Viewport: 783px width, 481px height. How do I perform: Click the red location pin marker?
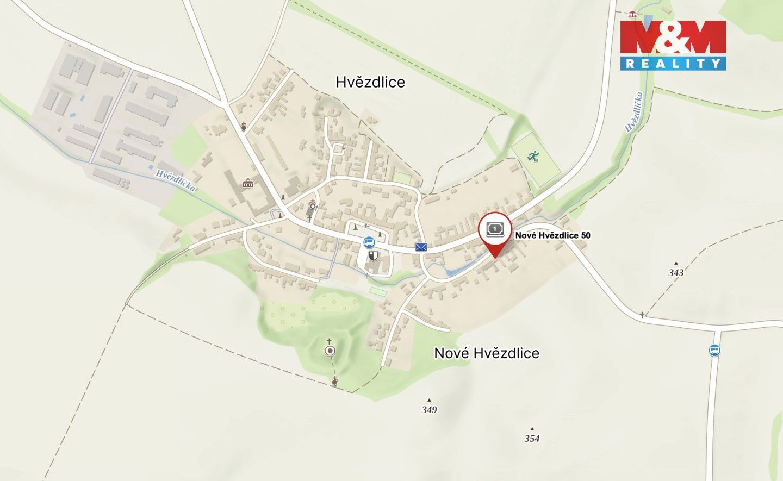[495, 231]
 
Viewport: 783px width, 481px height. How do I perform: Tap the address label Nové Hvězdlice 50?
[552, 235]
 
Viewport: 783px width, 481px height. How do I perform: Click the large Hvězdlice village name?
[370, 82]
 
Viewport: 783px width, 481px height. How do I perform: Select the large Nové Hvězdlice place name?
[487, 353]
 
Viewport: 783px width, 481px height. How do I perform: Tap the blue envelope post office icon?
[421, 247]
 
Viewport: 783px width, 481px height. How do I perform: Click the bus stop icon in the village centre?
[369, 242]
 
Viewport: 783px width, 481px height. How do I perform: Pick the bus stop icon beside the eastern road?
[715, 351]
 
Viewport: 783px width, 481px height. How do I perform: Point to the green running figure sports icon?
[533, 157]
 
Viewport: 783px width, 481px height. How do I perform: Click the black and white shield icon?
[374, 255]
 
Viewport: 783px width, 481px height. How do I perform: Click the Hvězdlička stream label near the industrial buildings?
[175, 180]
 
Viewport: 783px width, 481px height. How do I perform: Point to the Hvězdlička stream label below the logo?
[634, 112]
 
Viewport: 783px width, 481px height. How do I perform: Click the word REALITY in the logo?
[673, 64]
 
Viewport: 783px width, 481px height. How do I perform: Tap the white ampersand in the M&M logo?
[673, 37]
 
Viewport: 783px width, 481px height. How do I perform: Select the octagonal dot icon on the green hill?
[330, 351]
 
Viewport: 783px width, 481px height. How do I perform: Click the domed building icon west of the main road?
[248, 183]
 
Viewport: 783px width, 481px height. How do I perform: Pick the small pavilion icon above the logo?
[631, 15]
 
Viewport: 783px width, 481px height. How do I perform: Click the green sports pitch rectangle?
[536, 160]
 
